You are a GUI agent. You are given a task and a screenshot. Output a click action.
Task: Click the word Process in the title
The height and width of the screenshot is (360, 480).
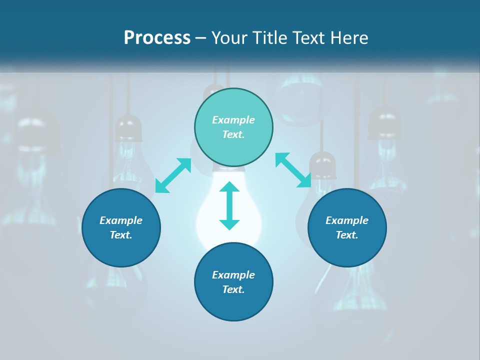(x=157, y=37)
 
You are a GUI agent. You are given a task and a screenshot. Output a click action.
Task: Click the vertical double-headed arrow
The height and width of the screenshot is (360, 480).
(x=229, y=205)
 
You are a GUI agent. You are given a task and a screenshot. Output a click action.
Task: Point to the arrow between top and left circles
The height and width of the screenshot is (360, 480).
(x=173, y=175)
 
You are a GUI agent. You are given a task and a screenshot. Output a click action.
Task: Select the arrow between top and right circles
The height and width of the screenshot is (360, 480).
(x=293, y=170)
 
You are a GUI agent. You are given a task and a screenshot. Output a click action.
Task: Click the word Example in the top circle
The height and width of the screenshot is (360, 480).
(x=233, y=120)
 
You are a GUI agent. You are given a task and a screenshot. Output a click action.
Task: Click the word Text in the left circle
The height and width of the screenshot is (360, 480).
(x=121, y=235)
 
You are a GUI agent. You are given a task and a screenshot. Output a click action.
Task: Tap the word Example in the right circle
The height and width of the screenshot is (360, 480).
(x=347, y=220)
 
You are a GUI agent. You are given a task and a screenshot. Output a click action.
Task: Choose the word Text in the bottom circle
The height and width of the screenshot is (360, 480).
(x=233, y=289)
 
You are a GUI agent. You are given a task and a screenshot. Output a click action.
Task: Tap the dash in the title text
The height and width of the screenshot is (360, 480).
(x=200, y=38)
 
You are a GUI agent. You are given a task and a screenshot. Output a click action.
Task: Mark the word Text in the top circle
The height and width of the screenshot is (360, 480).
(x=233, y=134)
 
